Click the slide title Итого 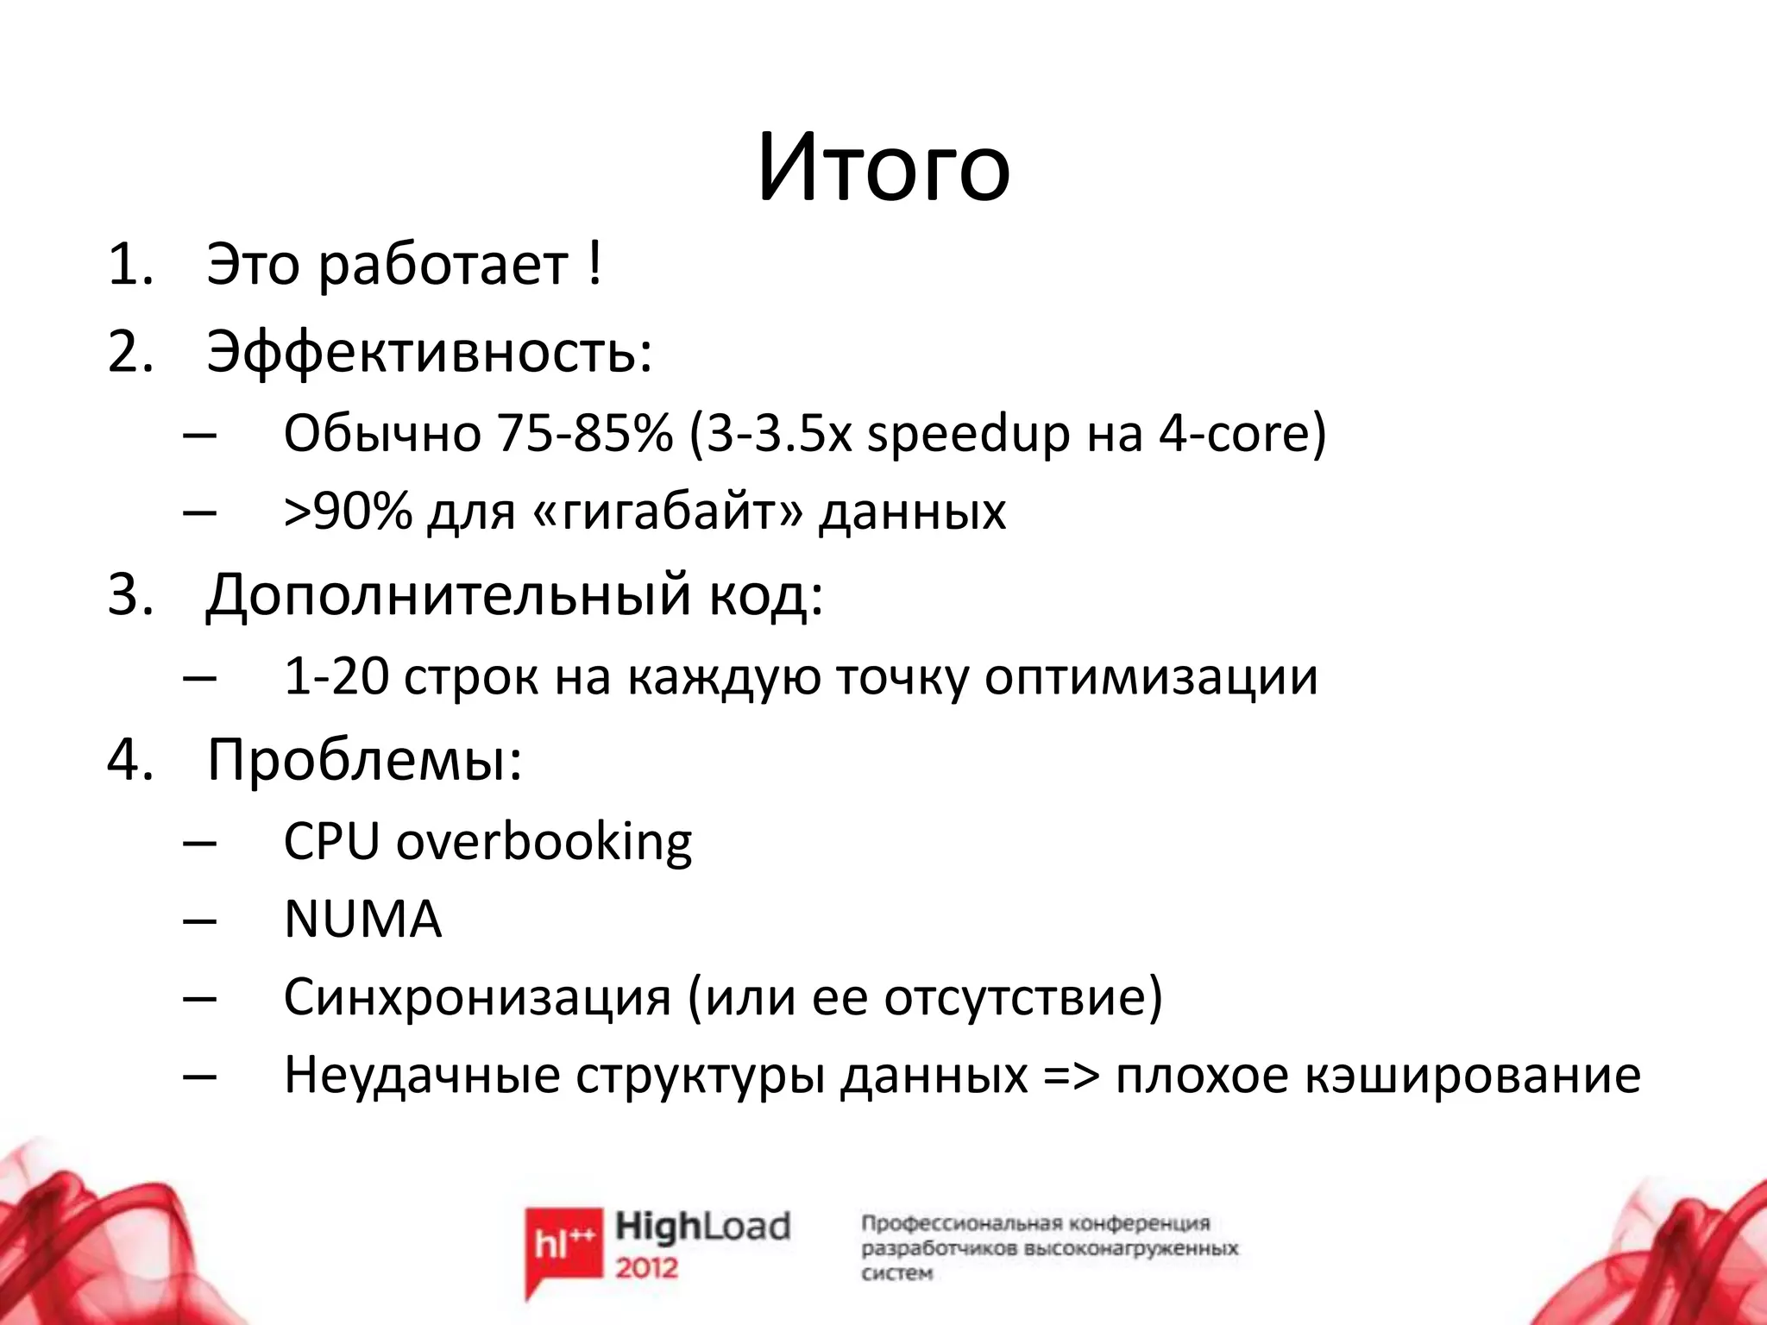pyautogui.click(x=883, y=168)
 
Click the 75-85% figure pyautogui.click(x=584, y=433)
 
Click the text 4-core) pyautogui.click(x=1242, y=433)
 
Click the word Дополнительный pyautogui.click(x=449, y=595)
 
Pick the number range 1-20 pyautogui.click(x=336, y=677)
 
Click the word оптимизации pyautogui.click(x=1151, y=678)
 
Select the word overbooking pyautogui.click(x=544, y=842)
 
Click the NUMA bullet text pyautogui.click(x=362, y=920)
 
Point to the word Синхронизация pyautogui.click(x=477, y=997)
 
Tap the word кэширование pyautogui.click(x=1472, y=1077)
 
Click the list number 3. pyautogui.click(x=129, y=595)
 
